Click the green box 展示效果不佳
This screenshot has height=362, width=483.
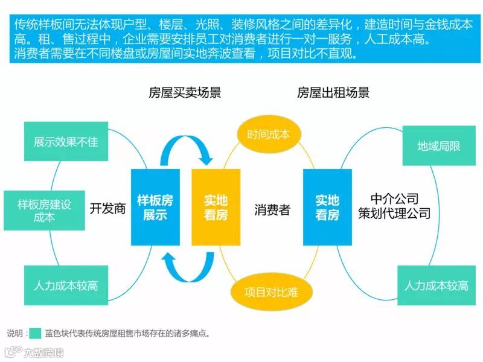click(66, 142)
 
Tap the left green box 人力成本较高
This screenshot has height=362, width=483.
click(66, 285)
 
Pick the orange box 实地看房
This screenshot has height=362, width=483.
click(216, 207)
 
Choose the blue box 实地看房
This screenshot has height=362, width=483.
click(327, 207)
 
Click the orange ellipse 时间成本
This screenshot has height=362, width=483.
click(268, 134)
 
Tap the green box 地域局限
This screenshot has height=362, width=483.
click(439, 146)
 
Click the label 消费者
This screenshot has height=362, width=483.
click(272, 210)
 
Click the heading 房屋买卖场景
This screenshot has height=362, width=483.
click(185, 93)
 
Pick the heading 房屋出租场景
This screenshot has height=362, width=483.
click(333, 93)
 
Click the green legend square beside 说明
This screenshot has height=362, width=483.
click(35, 333)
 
